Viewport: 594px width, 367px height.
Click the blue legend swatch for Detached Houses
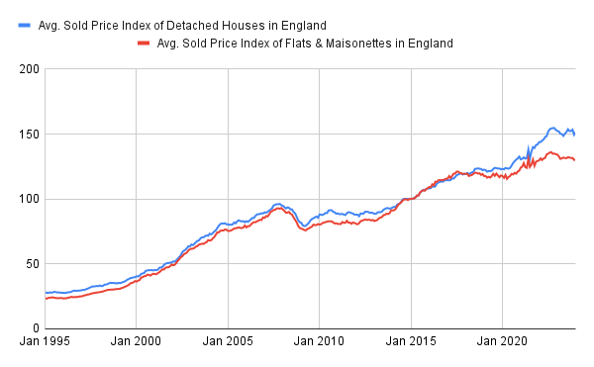click(x=24, y=24)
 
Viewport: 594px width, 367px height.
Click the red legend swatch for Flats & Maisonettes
click(x=145, y=43)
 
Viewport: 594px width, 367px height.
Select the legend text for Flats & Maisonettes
click(x=305, y=43)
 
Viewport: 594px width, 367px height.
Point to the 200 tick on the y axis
click(x=29, y=69)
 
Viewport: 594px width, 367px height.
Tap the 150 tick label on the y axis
click(x=29, y=134)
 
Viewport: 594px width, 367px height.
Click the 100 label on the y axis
click(x=29, y=199)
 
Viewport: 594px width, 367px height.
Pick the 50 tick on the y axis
click(x=32, y=263)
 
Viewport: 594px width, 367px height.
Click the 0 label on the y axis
click(x=35, y=328)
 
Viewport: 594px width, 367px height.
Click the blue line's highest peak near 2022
click(x=552, y=128)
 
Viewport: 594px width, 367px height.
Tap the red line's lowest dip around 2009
click(x=304, y=230)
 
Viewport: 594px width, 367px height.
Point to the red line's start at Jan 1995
click(x=46, y=298)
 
